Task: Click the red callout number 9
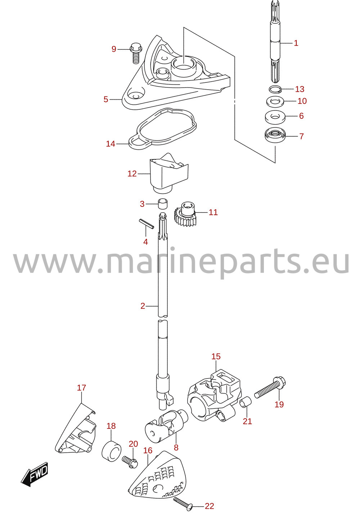point(114,49)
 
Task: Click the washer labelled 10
point(275,101)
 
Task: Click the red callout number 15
point(216,356)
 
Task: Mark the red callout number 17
point(82,387)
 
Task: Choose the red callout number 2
point(143,306)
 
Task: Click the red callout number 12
point(132,173)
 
